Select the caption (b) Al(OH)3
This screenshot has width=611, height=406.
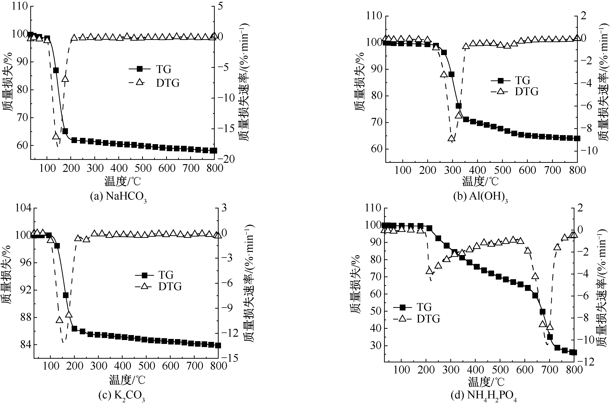[480, 197]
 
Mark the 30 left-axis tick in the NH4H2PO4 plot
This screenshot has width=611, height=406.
[375, 346]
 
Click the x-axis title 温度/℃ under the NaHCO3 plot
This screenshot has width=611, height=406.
[123, 181]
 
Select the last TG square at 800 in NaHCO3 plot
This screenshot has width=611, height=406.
[213, 151]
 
